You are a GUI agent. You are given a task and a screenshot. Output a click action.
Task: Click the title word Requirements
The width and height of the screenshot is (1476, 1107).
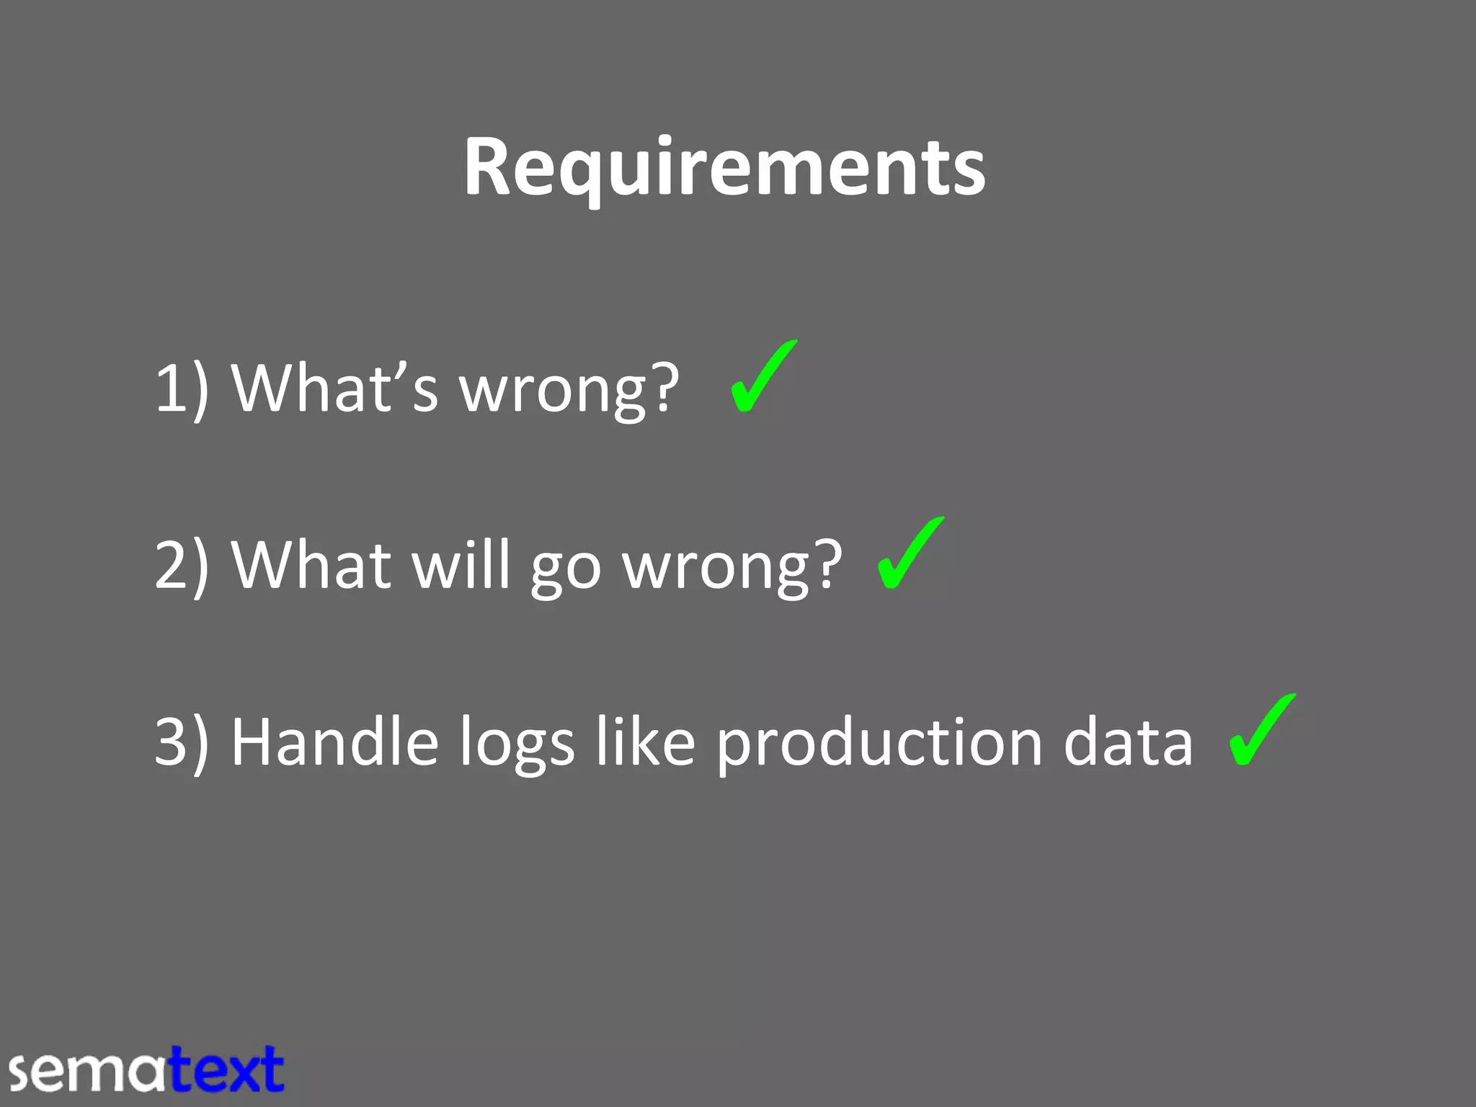pyautogui.click(x=724, y=167)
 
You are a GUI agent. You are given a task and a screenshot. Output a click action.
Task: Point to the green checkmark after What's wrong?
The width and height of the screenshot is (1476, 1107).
pyautogui.click(x=763, y=376)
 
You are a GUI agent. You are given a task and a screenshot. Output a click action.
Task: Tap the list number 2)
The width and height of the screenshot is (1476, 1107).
pyautogui.click(x=182, y=565)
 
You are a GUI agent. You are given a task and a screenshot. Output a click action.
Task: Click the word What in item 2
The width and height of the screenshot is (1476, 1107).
pyautogui.click(x=311, y=565)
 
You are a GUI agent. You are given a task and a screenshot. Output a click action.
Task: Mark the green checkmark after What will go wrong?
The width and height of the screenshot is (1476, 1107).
pyautogui.click(x=910, y=553)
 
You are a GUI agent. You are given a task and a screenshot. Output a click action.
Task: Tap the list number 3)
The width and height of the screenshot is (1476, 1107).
pyautogui.click(x=182, y=742)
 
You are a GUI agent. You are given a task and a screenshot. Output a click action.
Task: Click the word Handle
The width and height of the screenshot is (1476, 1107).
pyautogui.click(x=334, y=742)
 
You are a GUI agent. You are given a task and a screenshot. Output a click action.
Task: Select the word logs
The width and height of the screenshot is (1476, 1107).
pyautogui.click(x=517, y=745)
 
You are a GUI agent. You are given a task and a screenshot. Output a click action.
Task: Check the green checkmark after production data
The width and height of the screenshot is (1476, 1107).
pyautogui.click(x=1261, y=729)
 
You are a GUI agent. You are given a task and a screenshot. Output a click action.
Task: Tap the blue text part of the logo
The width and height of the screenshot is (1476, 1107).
pyautogui.click(x=227, y=1070)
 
